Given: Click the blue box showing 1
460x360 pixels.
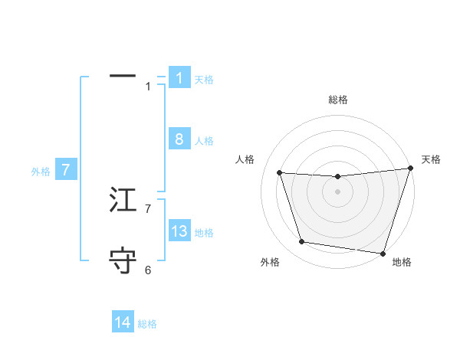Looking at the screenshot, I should [x=179, y=78].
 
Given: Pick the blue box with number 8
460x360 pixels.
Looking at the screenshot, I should [x=179, y=139].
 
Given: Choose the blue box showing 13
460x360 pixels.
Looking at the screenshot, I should [x=179, y=231].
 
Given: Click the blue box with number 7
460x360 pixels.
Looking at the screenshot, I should [x=67, y=170].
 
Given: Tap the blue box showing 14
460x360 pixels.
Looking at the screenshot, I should [x=123, y=323].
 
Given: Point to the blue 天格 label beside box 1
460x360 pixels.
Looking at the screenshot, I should [x=204, y=79].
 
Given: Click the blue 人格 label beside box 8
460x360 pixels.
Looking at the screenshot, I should [x=204, y=141].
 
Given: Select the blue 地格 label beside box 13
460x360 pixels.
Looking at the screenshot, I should [x=204, y=233].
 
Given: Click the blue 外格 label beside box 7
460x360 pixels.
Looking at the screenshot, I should [x=41, y=172].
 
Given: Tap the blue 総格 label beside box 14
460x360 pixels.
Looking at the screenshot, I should [x=147, y=324].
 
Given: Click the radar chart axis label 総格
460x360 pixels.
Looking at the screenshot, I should [x=337, y=100].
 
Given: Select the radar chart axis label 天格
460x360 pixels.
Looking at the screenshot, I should [x=432, y=159].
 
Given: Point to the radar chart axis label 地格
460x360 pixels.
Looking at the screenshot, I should [x=402, y=262].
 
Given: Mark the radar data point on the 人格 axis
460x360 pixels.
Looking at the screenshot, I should [x=280, y=173].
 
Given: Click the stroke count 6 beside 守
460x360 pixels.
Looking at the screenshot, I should [x=148, y=270].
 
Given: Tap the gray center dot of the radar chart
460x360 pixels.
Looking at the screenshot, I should [x=337, y=191].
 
